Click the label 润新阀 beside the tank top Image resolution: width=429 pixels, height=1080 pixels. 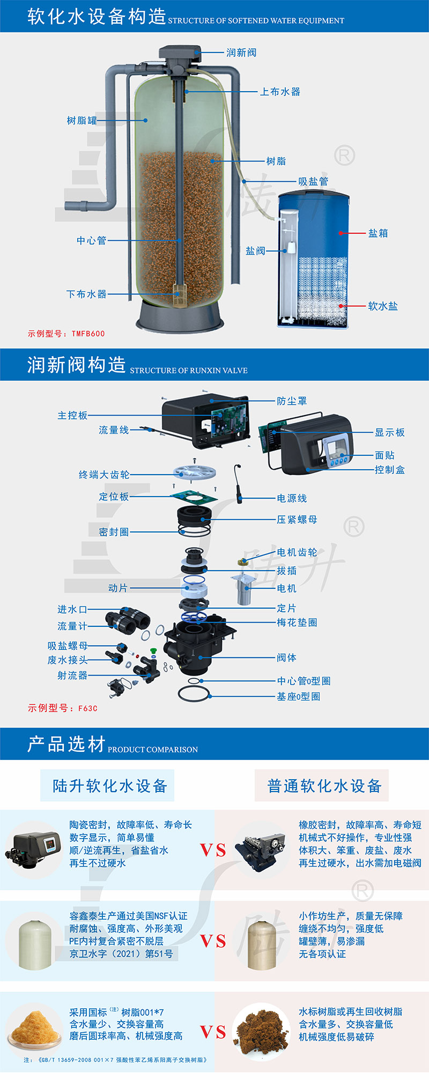tap(241, 53)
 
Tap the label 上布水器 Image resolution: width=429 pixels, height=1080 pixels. tap(280, 92)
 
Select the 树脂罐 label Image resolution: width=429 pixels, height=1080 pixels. tap(82, 121)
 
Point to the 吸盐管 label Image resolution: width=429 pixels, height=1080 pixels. tap(313, 181)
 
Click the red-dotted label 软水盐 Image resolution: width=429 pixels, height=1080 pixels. tap(383, 306)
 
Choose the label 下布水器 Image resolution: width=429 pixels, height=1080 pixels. tap(86, 294)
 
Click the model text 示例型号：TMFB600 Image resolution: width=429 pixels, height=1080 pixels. tap(66, 334)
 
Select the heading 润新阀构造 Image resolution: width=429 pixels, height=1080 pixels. tap(77, 365)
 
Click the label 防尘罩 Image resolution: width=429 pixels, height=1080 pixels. tap(292, 401)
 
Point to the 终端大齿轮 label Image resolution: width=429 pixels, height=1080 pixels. tap(104, 475)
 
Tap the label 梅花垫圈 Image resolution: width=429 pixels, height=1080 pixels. tap(297, 623)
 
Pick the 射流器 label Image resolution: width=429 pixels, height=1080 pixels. tap(72, 675)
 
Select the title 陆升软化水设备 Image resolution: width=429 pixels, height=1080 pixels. tap(110, 786)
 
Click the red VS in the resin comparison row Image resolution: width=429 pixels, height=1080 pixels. tap(213, 1032)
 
